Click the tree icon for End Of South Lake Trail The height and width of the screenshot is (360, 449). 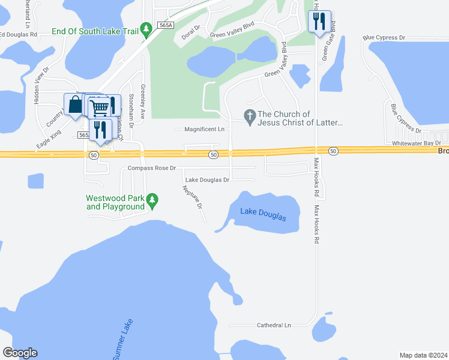pos(146,29)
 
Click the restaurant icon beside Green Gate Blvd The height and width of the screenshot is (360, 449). pos(319,22)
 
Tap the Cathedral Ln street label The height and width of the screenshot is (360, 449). pos(273,325)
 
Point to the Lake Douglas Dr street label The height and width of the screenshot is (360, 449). pos(207,180)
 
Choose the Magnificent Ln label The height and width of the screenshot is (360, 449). pos(204,129)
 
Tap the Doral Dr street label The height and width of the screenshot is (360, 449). pos(191,32)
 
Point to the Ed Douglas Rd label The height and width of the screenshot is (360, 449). pos(18,35)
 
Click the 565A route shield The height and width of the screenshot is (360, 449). pos(166,25)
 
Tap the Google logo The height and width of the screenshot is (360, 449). pos(20,353)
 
